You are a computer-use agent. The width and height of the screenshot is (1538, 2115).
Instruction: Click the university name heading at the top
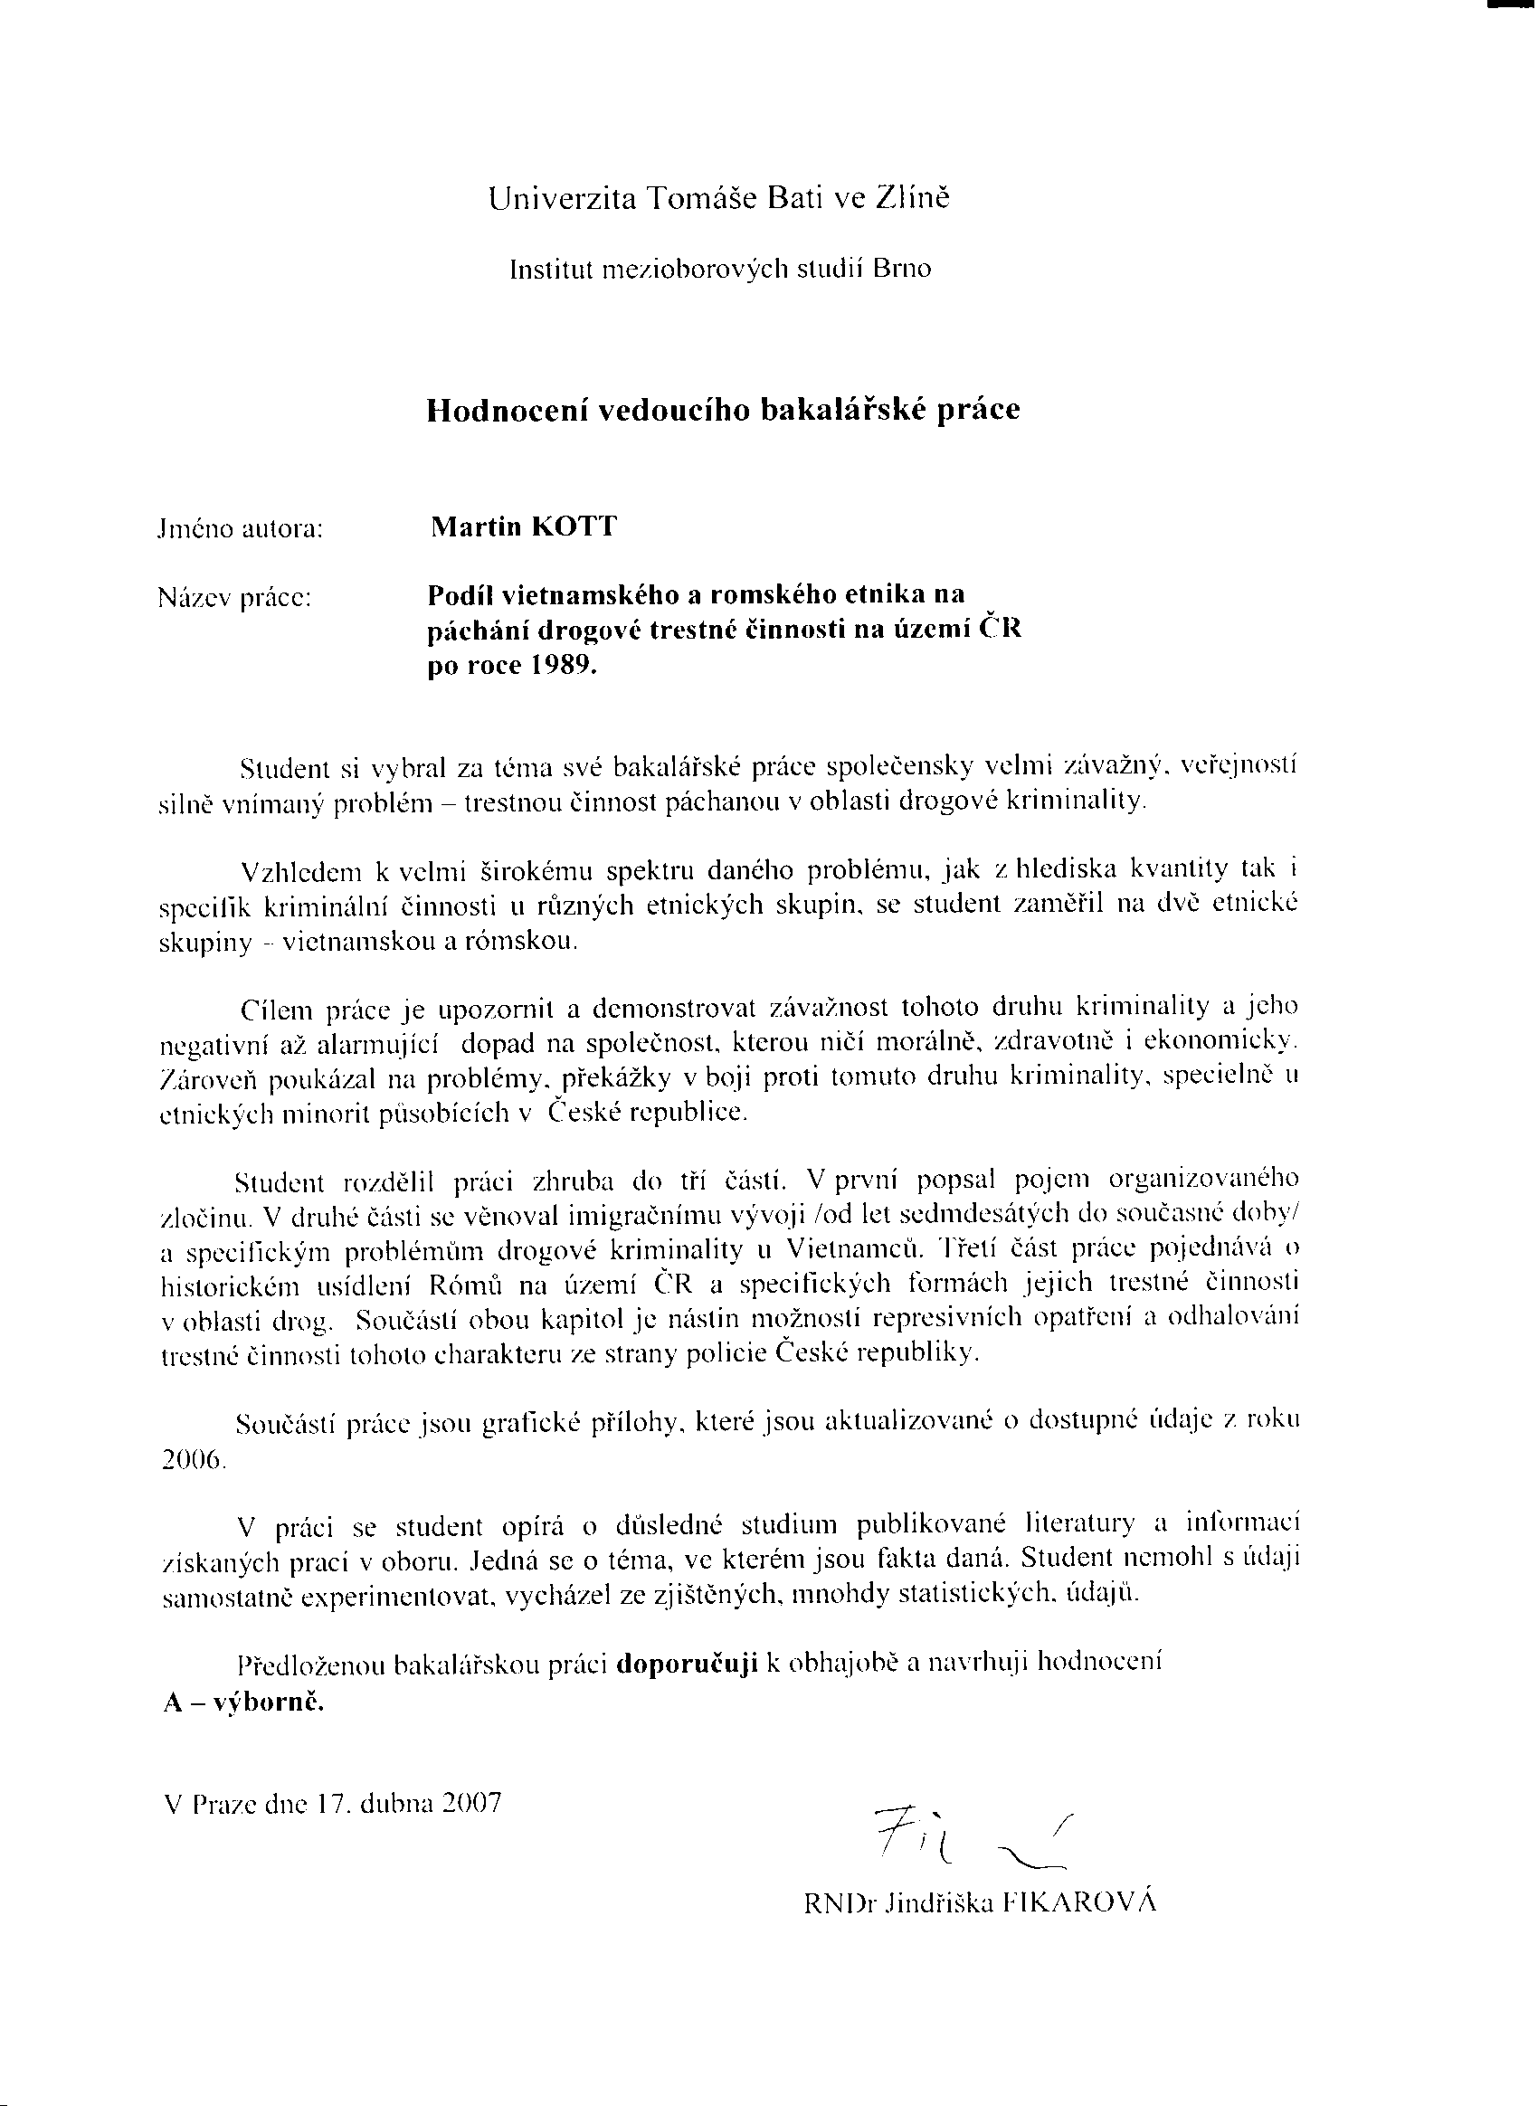point(719,199)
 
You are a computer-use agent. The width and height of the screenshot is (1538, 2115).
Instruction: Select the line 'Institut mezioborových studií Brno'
point(720,270)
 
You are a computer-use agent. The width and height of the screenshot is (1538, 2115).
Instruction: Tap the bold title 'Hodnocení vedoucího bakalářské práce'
point(723,411)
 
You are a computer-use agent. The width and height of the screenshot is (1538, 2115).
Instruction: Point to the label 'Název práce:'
point(234,598)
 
